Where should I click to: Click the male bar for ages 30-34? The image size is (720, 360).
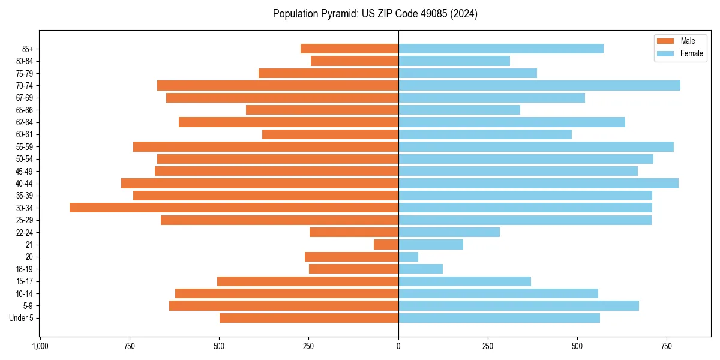pyautogui.click(x=234, y=208)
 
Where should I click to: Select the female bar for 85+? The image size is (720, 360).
pyautogui.click(x=501, y=49)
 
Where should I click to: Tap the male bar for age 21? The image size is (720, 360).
pyautogui.click(x=386, y=244)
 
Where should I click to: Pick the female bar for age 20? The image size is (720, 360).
pyautogui.click(x=409, y=257)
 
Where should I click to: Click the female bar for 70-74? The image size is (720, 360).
pyautogui.click(x=539, y=85)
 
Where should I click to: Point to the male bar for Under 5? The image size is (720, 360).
pyautogui.click(x=309, y=318)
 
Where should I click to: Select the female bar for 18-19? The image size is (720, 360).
pyautogui.click(x=421, y=269)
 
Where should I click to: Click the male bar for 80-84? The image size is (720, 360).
pyautogui.click(x=355, y=61)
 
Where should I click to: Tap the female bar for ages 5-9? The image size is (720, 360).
pyautogui.click(x=518, y=305)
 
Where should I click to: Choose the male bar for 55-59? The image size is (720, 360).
pyautogui.click(x=266, y=146)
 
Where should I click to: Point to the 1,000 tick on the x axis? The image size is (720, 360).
pyautogui.click(x=40, y=346)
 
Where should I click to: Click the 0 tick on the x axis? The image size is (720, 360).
pyautogui.click(x=398, y=346)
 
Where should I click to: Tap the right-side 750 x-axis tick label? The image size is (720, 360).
pyautogui.click(x=667, y=346)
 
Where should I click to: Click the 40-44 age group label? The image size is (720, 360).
pyautogui.click(x=25, y=184)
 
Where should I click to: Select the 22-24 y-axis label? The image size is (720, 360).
pyautogui.click(x=25, y=232)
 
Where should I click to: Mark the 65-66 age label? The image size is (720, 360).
pyautogui.click(x=25, y=110)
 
